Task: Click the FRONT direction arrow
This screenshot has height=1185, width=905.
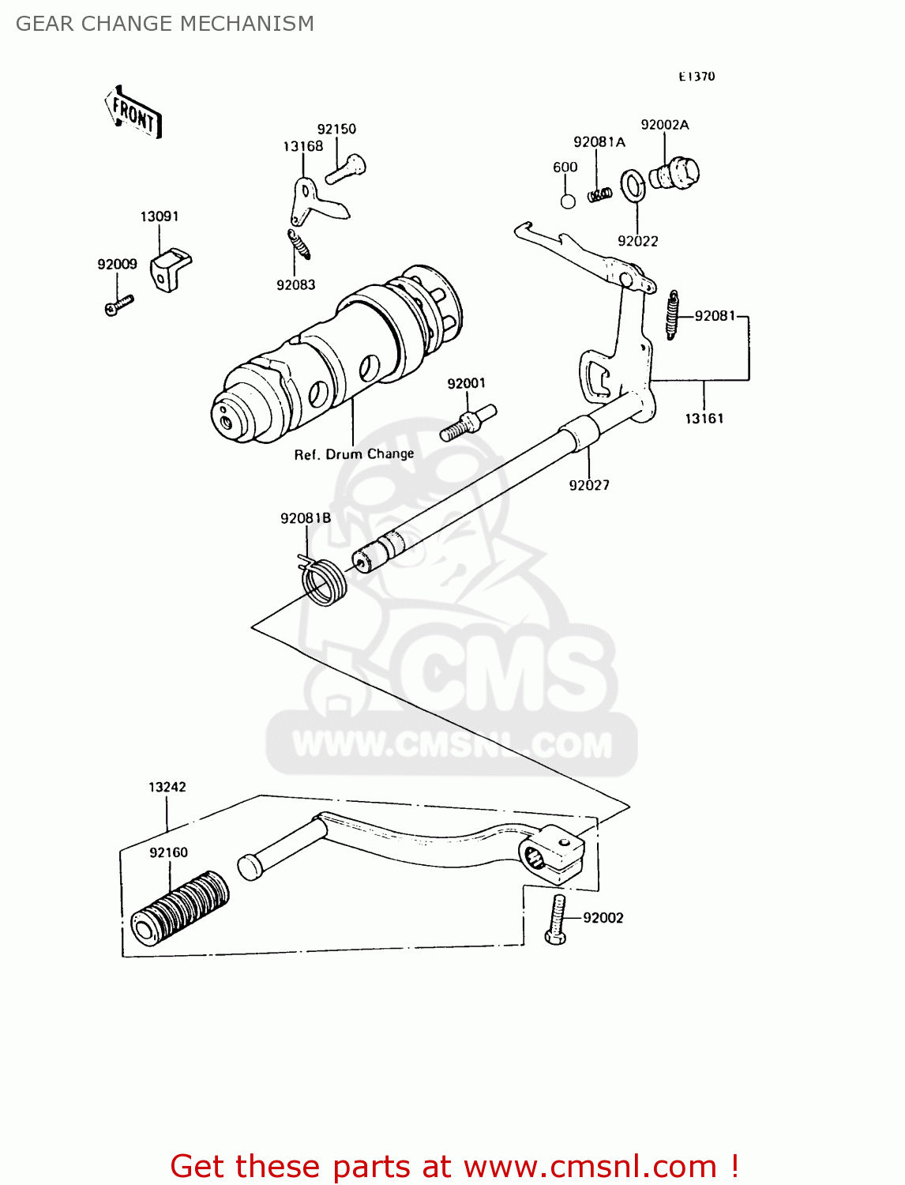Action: tap(133, 113)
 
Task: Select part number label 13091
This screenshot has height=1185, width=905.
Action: tap(160, 216)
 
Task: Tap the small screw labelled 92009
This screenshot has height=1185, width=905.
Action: tap(119, 305)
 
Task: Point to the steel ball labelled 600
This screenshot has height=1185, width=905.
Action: tap(568, 201)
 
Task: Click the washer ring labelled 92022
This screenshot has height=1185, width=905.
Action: tap(633, 186)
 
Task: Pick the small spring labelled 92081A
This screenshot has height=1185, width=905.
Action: tap(600, 194)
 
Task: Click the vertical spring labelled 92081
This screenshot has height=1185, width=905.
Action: tap(673, 314)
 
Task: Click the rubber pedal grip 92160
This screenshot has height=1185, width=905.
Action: tap(181, 908)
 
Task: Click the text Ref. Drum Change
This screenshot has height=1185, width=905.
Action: tap(354, 454)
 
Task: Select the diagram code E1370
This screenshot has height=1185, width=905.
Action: tap(697, 77)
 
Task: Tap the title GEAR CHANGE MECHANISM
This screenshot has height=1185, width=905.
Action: tap(165, 24)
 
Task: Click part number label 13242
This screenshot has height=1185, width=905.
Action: tap(167, 787)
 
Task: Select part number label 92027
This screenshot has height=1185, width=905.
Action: tap(589, 485)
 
